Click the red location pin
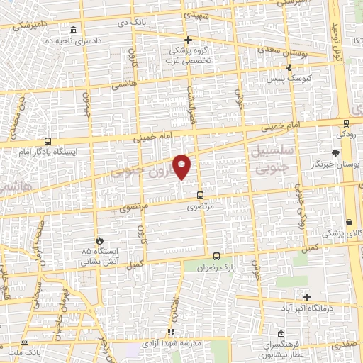click(183, 166)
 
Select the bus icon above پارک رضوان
click(216, 256)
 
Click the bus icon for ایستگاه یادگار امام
click(47, 141)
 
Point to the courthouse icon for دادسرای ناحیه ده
click(74, 30)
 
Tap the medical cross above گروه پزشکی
click(188, 40)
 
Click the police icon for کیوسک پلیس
click(288, 68)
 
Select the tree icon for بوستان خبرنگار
click(335, 152)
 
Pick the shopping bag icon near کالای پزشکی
click(352, 222)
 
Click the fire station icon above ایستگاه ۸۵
click(99, 241)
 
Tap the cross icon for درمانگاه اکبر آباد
click(307, 296)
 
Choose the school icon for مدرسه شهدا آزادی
click(170, 332)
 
